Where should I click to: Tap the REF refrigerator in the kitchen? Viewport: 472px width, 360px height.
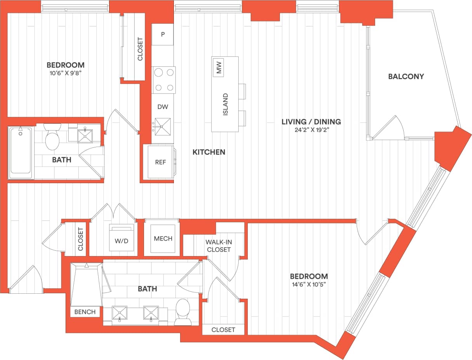pyautogui.click(x=160, y=162)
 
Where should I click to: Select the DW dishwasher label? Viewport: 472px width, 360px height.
pyautogui.click(x=163, y=107)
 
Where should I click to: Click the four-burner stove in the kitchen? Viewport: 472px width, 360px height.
pyautogui.click(x=163, y=80)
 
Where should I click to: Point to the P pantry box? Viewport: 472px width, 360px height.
pyautogui.click(x=163, y=34)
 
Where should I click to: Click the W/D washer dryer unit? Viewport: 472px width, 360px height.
pyautogui.click(x=121, y=238)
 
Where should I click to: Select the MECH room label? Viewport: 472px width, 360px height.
pyautogui.click(x=163, y=239)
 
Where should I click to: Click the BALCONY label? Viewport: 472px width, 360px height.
pyautogui.click(x=406, y=76)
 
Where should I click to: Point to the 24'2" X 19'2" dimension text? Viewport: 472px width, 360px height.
pyautogui.click(x=311, y=130)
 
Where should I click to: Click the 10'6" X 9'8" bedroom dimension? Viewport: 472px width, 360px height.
pyautogui.click(x=65, y=73)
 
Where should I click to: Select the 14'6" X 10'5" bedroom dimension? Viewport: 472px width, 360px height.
pyautogui.click(x=309, y=285)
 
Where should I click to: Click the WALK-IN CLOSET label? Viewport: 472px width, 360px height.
pyautogui.click(x=219, y=246)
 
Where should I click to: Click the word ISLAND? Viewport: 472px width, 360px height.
pyautogui.click(x=226, y=104)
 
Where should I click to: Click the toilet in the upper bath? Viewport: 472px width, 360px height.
pyautogui.click(x=52, y=137)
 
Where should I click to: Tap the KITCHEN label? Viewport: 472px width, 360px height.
pyautogui.click(x=209, y=152)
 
